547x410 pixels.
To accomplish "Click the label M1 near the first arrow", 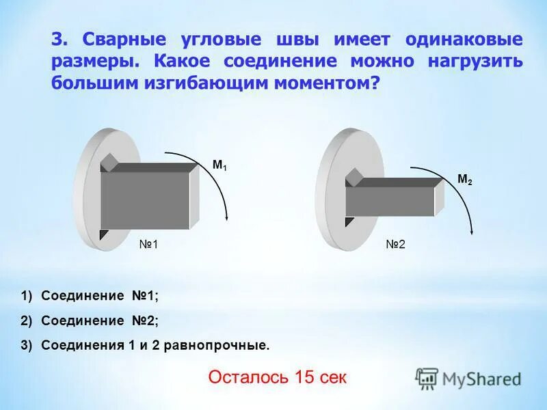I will click(219, 165).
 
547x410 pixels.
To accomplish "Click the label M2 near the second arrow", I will click(464, 180).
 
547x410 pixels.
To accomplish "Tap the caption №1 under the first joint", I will click(148, 244).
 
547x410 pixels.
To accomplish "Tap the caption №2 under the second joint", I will click(395, 244).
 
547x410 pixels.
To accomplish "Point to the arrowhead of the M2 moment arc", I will click(471, 233).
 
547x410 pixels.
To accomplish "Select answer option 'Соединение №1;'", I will click(99, 296).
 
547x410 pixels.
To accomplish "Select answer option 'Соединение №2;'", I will click(99, 320).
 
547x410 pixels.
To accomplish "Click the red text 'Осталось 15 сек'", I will click(278, 377).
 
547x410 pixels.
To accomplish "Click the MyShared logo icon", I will click(427, 378).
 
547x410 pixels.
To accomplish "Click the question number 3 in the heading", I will click(57, 39).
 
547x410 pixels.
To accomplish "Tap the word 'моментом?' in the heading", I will click(328, 82).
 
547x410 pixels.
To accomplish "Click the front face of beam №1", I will click(144, 200).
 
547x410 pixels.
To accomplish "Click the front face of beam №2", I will click(390, 201).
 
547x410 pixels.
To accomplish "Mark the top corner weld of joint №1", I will click(109, 163).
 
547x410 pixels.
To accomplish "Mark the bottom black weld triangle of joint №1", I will click(104, 234).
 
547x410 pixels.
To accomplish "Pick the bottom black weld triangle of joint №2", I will click(349, 221).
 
